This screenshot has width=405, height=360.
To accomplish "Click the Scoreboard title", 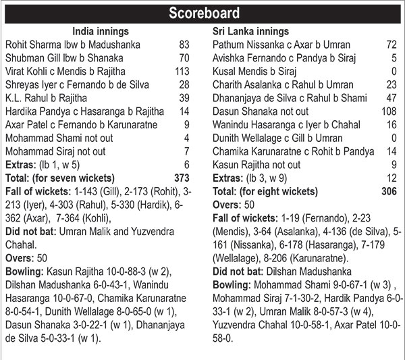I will click(x=202, y=13).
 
